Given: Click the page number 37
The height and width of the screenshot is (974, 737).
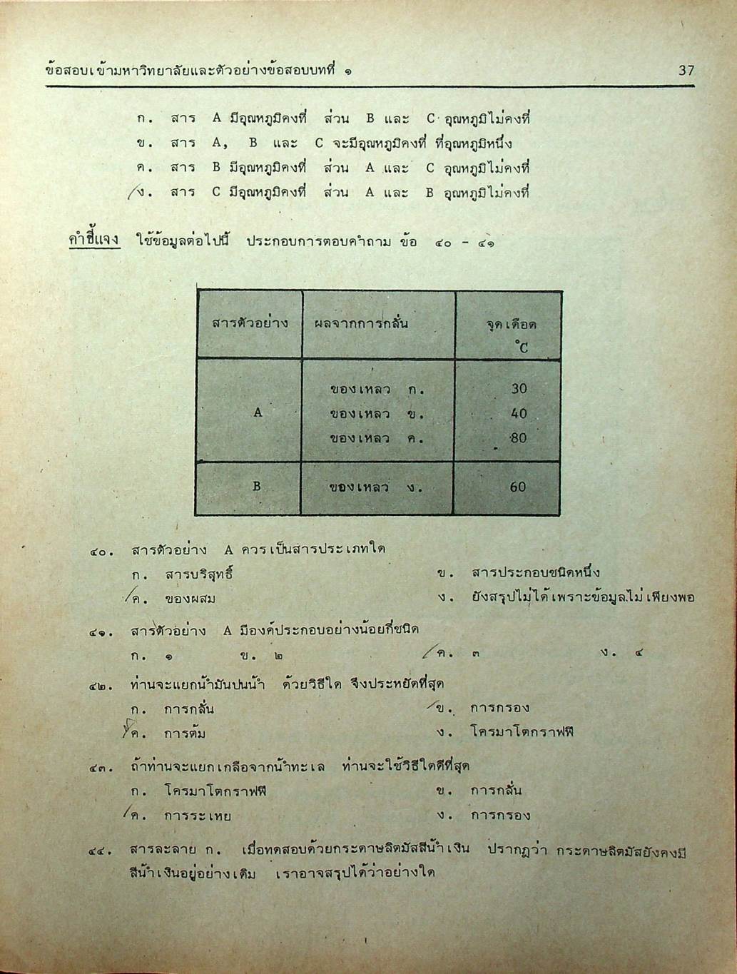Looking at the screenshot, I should [x=686, y=70].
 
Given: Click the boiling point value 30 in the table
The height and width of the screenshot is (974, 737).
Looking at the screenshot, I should [x=519, y=389].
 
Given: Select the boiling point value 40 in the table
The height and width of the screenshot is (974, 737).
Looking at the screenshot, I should [x=519, y=413].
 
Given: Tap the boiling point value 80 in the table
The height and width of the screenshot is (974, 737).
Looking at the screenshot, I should [x=519, y=437].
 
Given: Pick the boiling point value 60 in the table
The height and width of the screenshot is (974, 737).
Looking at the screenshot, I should [x=518, y=487].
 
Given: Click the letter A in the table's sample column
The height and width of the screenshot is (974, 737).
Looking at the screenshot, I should [x=258, y=412].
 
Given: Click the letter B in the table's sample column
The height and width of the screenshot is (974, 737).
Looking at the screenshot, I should [x=257, y=487].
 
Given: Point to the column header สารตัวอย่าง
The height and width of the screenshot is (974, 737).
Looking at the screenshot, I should [x=250, y=323].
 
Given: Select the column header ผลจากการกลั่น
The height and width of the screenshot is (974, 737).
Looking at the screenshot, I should [x=362, y=323].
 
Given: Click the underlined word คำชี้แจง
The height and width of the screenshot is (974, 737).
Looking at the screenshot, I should [x=93, y=240].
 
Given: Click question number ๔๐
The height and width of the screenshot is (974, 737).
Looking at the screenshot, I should [x=101, y=551].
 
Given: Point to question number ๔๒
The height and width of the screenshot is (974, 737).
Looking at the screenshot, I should [x=101, y=686].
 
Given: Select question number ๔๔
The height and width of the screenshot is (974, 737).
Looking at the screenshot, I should [x=101, y=851].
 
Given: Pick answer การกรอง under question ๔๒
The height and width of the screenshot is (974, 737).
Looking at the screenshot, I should [x=499, y=709].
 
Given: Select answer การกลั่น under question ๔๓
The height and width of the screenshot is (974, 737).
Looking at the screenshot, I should [x=496, y=791].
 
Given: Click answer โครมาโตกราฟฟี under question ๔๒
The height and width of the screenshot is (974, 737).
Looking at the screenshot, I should [x=522, y=732].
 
